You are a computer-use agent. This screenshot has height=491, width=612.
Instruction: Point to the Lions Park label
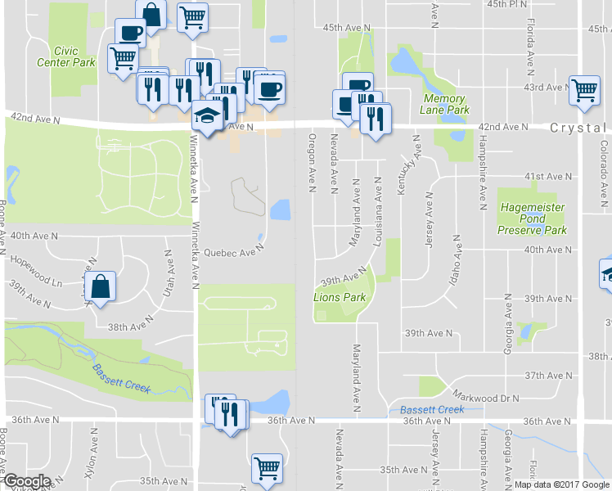tap(340, 297)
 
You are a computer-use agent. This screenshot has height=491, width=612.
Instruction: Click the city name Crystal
tap(577, 128)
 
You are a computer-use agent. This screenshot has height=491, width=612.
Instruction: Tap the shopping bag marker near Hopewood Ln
tap(99, 288)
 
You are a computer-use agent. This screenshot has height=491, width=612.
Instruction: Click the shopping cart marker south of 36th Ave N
tap(266, 469)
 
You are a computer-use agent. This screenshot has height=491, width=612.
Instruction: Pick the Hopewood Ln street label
tap(36, 270)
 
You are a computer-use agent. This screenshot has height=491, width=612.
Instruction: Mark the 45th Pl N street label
tap(529, 4)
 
